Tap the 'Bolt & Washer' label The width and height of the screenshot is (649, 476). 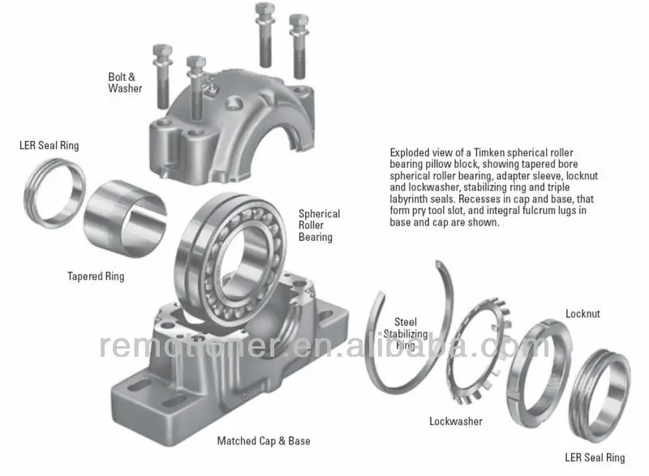(x=125, y=83)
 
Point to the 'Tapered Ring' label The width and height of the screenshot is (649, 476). (x=96, y=277)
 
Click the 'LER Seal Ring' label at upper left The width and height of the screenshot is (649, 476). (x=49, y=146)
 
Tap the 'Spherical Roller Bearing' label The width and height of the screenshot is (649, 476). (x=319, y=225)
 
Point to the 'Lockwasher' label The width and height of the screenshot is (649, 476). (x=455, y=421)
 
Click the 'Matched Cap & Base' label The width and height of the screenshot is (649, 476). (x=263, y=441)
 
